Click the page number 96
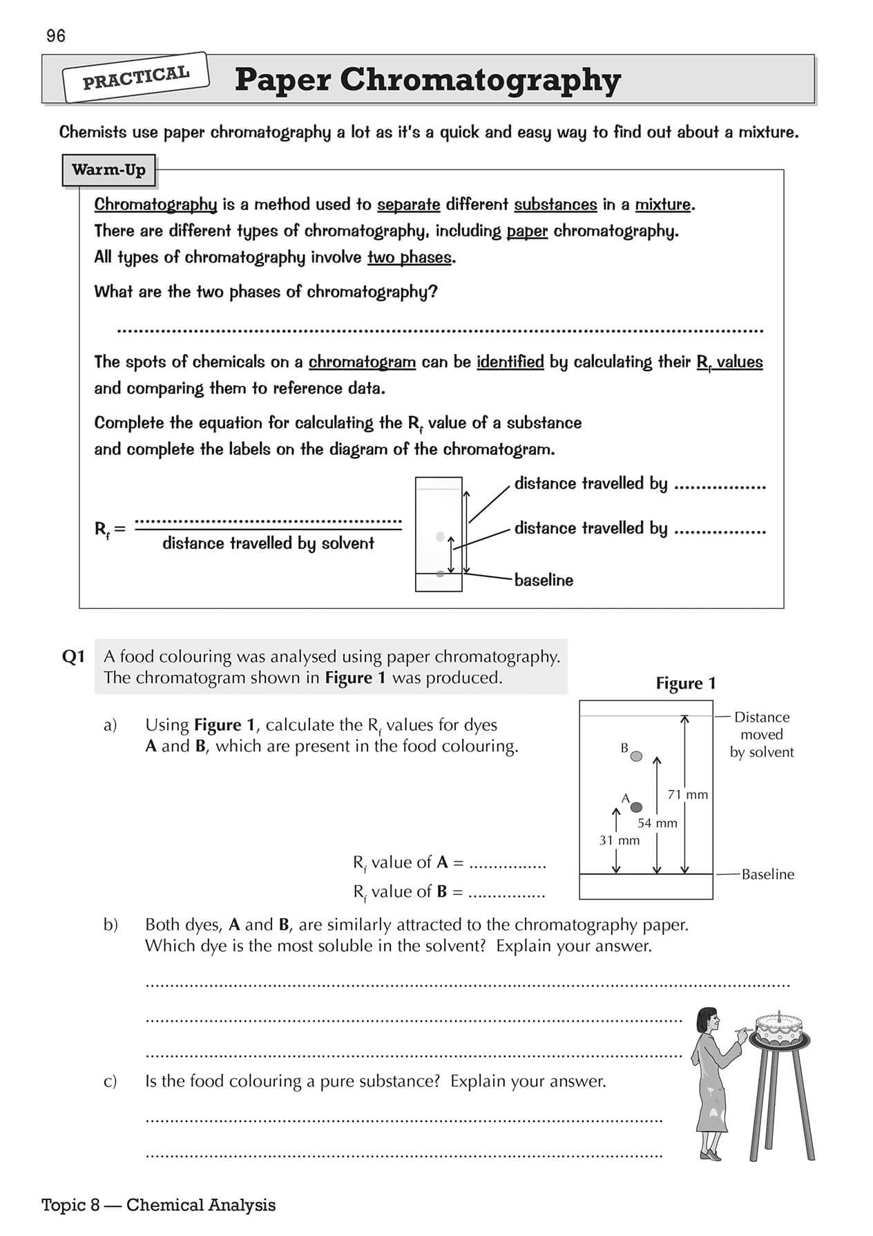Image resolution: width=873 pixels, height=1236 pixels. pos(56,36)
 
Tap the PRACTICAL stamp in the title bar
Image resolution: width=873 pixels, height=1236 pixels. pos(135,77)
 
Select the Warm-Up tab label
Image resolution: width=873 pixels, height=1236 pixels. pos(108,170)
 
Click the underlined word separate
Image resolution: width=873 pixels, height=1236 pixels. pos(408,205)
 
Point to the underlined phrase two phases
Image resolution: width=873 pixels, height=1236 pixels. pos(410,257)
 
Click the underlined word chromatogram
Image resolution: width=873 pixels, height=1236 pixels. pos(362,362)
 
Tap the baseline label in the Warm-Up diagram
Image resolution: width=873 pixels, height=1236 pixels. pos(544,580)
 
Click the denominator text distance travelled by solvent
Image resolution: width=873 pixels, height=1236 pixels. pos(268,543)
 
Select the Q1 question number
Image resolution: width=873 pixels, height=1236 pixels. pos(73,657)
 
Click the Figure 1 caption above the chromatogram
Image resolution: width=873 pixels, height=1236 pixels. pos(686,684)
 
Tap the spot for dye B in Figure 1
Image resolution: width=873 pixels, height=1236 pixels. pos(637,756)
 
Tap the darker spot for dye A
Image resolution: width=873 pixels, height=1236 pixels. pos(637,807)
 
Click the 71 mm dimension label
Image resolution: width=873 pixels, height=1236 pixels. pos(688,795)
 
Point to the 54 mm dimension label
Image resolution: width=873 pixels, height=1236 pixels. pos(658,823)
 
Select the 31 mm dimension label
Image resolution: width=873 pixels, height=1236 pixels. pos(619,841)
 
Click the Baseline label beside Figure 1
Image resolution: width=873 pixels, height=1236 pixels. pos(767,874)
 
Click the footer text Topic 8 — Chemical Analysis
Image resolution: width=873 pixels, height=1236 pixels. pos(158,1206)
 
